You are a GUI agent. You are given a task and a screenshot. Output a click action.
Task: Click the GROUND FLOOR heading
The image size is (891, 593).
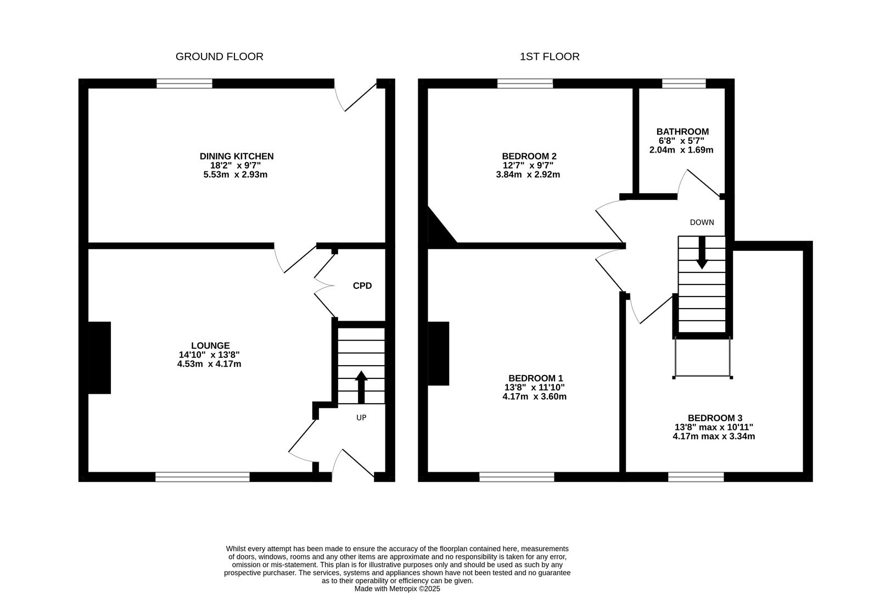coord(219,57)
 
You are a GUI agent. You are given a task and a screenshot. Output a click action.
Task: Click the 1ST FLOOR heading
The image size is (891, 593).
coord(550,57)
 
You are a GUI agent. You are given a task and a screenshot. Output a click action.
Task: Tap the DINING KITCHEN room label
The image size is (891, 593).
coord(236,156)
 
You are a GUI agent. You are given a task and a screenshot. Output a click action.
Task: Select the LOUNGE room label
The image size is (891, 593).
coord(210,346)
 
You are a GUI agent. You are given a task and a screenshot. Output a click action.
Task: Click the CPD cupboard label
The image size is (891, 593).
coord(362,286)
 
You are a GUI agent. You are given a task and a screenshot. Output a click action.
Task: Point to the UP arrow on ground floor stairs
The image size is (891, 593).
coord(361,387)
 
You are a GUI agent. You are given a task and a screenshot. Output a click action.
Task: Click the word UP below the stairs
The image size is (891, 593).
coord(361,418)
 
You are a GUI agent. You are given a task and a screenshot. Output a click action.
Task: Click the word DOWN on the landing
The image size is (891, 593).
coord(702,222)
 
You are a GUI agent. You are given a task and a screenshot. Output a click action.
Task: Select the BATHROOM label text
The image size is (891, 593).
coord(682,132)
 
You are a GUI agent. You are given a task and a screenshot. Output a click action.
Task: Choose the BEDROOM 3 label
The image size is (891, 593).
coord(715,418)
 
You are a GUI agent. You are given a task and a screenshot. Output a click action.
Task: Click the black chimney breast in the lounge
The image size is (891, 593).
coord(100,357)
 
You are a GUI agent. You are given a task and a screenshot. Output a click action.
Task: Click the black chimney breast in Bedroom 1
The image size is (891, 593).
coord(439,353)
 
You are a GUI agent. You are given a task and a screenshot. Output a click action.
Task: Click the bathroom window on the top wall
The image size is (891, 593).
coord(683,83)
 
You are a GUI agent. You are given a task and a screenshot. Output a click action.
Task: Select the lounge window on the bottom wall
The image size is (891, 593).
coord(203,477)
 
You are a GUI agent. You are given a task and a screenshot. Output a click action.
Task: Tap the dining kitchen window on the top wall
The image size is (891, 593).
coord(184,83)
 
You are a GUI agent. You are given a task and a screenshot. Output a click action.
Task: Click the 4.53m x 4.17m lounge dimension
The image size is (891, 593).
coord(209,364)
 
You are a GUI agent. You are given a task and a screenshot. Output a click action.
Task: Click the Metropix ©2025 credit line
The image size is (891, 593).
coord(397,589)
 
